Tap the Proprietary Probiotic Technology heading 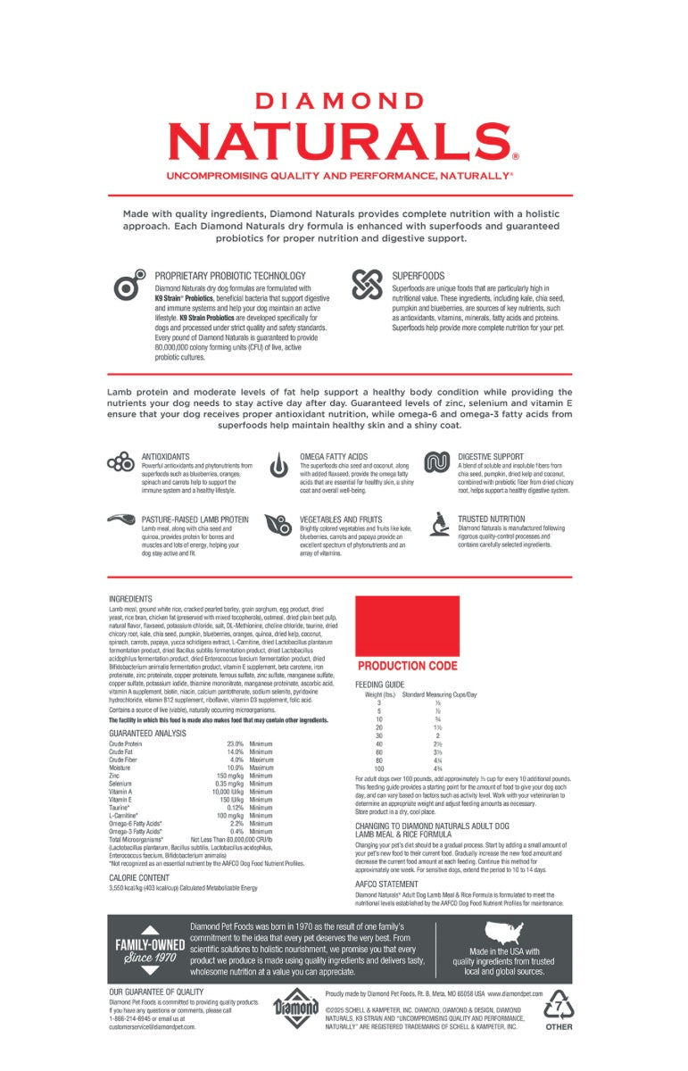click(230, 277)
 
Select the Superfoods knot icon click(367, 285)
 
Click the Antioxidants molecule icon click(120, 462)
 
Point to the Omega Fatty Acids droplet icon click(280, 464)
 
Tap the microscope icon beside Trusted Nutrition click(438, 523)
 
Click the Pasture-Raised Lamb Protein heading click(195, 519)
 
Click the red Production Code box click(407, 626)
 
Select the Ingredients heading click(130, 599)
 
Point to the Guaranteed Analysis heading click(147, 733)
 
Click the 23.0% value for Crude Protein click(235, 743)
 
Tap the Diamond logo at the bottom click(296, 1012)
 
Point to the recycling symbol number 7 click(560, 1004)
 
